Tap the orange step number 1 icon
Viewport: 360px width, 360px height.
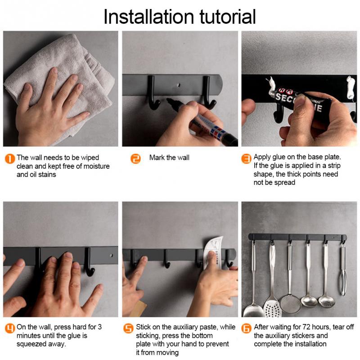pyautogui.click(x=9, y=158)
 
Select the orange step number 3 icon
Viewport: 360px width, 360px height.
pyautogui.click(x=246, y=158)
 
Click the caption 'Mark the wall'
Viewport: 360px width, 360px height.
pyautogui.click(x=169, y=158)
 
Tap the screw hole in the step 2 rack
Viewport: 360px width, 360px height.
pyautogui.click(x=180, y=84)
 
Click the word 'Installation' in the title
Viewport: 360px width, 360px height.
pyautogui.click(x=144, y=16)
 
